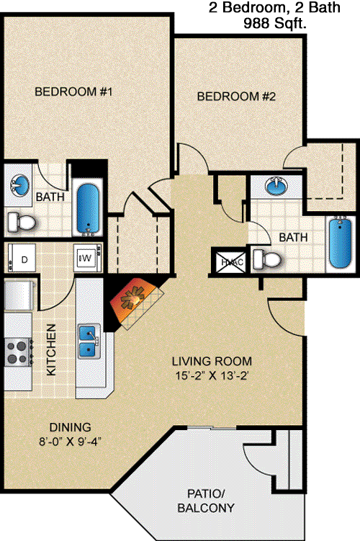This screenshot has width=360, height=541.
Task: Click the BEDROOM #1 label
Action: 73,91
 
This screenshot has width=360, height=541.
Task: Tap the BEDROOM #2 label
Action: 236,97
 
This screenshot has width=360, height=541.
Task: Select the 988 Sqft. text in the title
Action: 275,24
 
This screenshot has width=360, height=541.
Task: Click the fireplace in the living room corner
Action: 135,303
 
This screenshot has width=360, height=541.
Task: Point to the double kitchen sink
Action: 89,341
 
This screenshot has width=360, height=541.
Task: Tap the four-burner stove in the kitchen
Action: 18,352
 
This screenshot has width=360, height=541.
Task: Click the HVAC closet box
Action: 232,262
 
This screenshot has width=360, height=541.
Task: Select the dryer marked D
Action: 22,258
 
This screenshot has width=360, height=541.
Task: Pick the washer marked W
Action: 88,258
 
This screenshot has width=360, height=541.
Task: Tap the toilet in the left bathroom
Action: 22,223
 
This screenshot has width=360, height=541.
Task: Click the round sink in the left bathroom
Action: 19,184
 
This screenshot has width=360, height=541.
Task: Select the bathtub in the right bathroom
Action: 341,242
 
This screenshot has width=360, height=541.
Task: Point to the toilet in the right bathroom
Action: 267,259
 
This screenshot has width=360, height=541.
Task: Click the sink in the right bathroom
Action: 276,186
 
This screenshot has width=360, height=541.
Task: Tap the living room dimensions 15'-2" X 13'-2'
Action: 212,375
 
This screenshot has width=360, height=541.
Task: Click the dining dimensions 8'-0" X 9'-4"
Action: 70,442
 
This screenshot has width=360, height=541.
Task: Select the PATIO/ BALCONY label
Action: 206,501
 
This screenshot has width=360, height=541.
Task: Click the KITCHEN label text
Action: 51,349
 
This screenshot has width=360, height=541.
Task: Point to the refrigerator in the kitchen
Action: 19,295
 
